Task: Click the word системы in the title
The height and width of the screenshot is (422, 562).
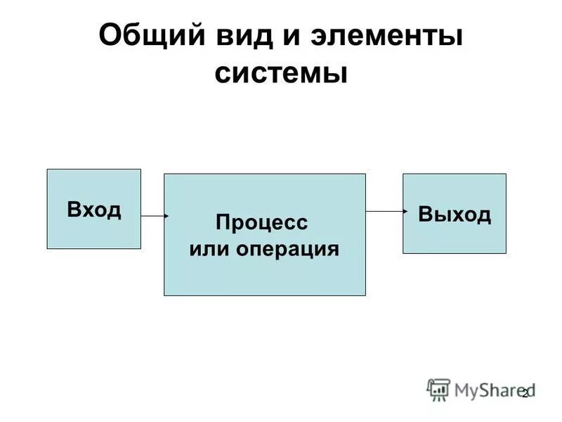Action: point(281,73)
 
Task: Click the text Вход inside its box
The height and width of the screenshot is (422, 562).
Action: point(94,209)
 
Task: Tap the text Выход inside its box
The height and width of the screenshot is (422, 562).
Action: point(455,214)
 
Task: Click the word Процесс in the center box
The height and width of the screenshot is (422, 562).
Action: point(262,223)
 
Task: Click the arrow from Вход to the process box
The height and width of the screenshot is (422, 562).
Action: point(153,216)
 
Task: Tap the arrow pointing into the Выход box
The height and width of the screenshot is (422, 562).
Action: point(385,210)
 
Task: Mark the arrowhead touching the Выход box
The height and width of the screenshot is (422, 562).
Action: point(405,210)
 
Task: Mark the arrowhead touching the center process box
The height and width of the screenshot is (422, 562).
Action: point(166,216)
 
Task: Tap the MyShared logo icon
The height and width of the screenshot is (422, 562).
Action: point(438,389)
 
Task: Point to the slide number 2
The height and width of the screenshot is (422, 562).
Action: point(524,394)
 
